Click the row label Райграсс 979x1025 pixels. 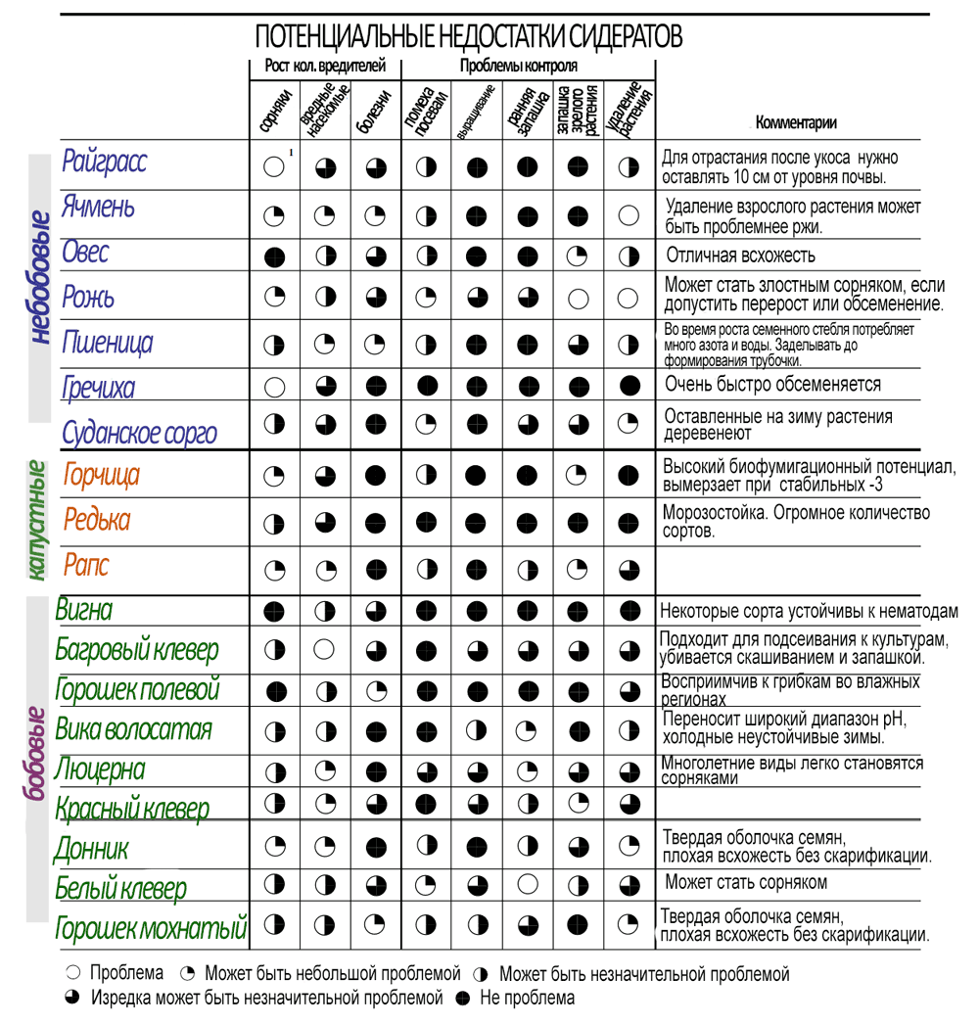(105, 161)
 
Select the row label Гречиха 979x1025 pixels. (98, 387)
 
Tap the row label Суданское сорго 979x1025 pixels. (139, 433)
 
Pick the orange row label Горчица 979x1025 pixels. (102, 476)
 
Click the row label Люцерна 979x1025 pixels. (100, 769)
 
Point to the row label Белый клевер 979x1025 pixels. (120, 889)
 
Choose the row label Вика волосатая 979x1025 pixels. (133, 729)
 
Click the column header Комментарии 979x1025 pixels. (796, 123)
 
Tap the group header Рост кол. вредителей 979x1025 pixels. (325, 67)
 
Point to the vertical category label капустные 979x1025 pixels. (37, 521)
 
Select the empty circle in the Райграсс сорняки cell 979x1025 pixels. (274, 166)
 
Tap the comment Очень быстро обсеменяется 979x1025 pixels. (772, 384)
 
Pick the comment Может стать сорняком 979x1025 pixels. (746, 882)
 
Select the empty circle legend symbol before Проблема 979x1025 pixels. (72, 974)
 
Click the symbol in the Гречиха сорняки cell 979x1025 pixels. (274, 386)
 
